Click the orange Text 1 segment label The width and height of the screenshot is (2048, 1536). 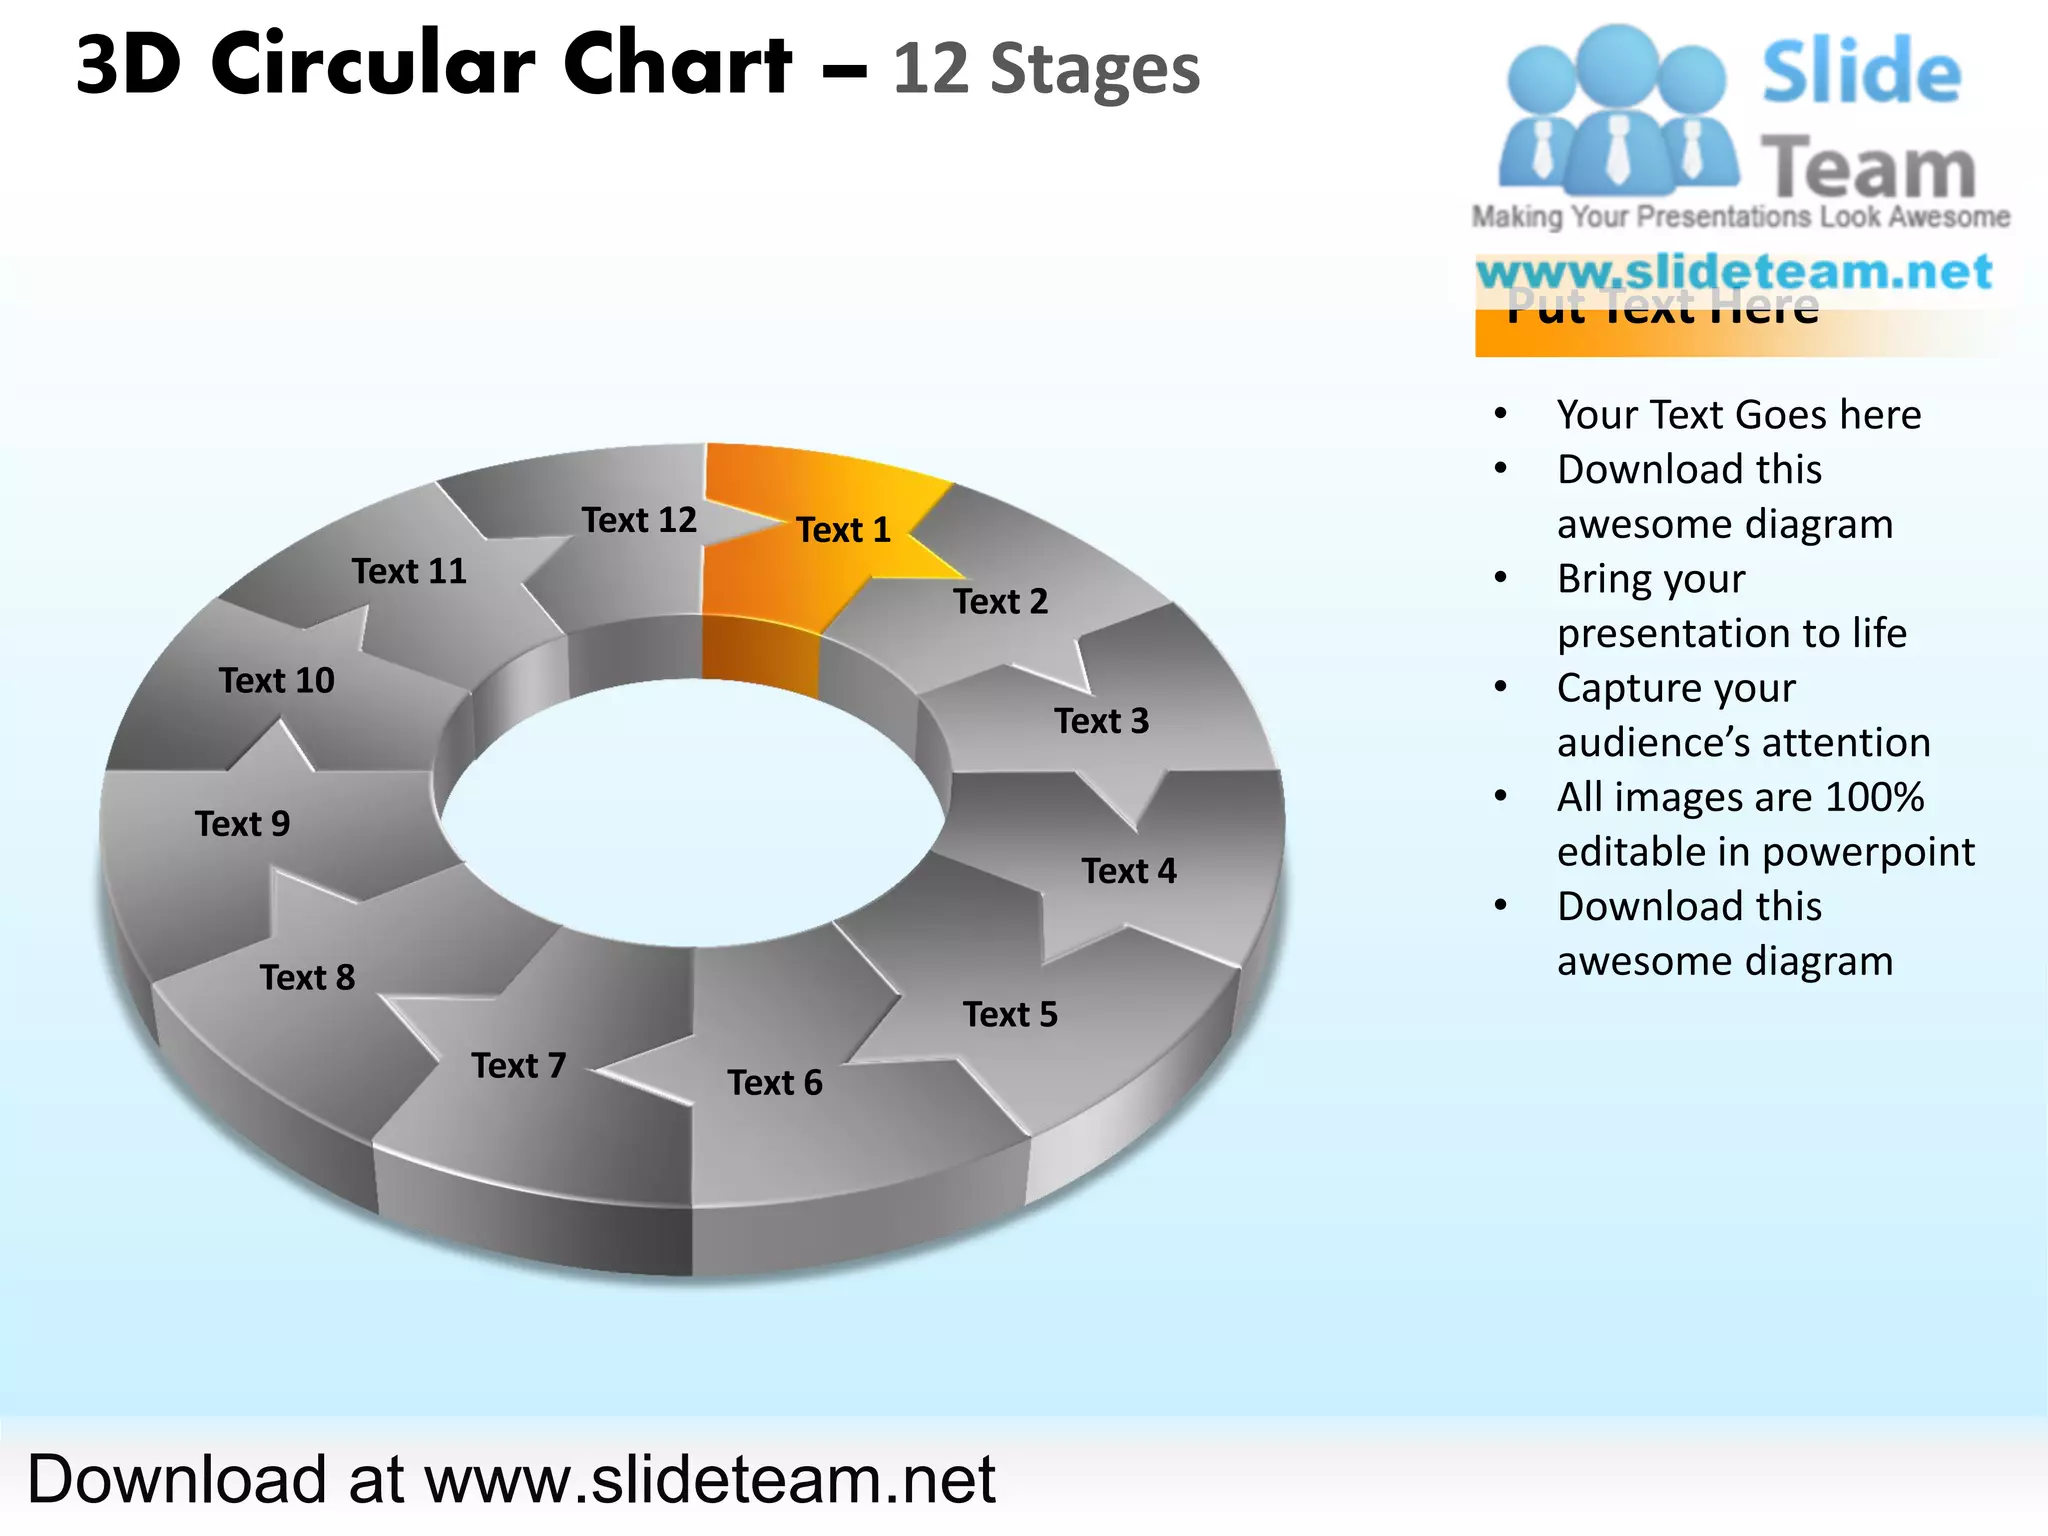coord(843,530)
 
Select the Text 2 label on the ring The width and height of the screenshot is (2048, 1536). coord(1000,602)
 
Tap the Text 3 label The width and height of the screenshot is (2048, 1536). coord(1101,721)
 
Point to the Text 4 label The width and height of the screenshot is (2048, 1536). coord(1129,871)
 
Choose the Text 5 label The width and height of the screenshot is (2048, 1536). coord(1010,1015)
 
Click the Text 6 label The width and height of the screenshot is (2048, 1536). coord(775,1083)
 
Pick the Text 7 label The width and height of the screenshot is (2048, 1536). coord(519,1066)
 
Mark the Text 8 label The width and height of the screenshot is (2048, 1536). coord(307,978)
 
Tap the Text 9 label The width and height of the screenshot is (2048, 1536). coord(242,824)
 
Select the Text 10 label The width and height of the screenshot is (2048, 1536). coord(277,681)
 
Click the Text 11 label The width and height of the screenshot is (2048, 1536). coord(409,572)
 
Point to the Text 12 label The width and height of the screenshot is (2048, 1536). coord(639,520)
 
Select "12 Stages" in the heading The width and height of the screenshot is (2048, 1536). coord(1046,70)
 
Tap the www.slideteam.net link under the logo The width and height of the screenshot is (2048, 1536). coord(1734,272)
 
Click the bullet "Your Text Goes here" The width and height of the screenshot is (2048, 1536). coord(1739,415)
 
